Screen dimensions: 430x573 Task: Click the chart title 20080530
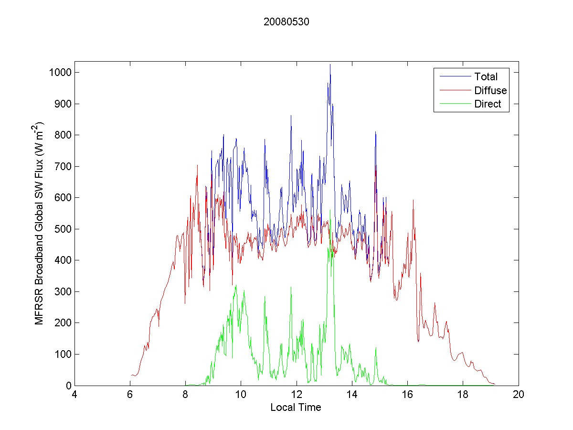coord(286,22)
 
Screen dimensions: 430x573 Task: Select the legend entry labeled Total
coord(486,76)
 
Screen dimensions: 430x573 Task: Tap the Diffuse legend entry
coord(490,90)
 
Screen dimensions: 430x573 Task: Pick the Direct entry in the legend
coord(488,105)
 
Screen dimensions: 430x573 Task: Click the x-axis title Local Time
coord(296,408)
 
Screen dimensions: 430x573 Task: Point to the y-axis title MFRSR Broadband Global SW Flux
coord(40,223)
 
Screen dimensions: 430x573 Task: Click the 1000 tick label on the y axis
coord(62,73)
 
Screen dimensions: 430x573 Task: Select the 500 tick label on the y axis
coord(64,229)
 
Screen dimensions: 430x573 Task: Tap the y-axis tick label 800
coord(64,135)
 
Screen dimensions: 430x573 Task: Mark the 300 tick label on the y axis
coord(64,291)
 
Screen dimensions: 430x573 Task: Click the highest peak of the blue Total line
coord(329,64)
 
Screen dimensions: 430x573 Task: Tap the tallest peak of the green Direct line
coord(330,210)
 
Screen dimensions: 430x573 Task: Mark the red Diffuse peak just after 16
coord(413,200)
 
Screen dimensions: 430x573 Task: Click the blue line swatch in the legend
coord(453,76)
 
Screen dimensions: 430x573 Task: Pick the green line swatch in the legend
coord(453,105)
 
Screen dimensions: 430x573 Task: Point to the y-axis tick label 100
coord(64,354)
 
